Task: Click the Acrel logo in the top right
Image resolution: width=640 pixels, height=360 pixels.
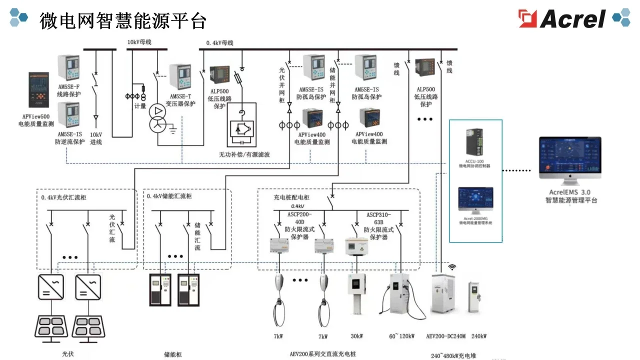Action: (562, 18)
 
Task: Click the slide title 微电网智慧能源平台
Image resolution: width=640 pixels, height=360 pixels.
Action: (122, 20)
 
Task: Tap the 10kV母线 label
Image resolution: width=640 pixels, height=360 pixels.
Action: (139, 42)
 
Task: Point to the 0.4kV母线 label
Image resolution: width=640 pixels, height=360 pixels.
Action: (220, 43)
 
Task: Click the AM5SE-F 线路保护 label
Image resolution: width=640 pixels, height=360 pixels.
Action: (68, 90)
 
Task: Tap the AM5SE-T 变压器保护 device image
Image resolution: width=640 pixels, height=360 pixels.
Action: (180, 76)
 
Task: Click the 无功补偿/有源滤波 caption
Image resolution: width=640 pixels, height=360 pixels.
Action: (244, 154)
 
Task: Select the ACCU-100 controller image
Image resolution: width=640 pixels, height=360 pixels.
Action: (474, 142)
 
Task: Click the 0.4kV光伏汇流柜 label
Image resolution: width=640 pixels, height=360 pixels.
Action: (64, 197)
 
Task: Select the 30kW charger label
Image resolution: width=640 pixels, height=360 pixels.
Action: (356, 336)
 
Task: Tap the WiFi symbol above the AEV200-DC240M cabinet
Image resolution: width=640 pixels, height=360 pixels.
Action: (452, 267)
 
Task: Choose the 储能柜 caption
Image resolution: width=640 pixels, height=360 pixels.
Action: (173, 354)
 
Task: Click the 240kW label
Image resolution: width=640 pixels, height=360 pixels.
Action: (478, 336)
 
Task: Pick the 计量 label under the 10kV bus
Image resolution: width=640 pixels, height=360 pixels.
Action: (140, 106)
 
